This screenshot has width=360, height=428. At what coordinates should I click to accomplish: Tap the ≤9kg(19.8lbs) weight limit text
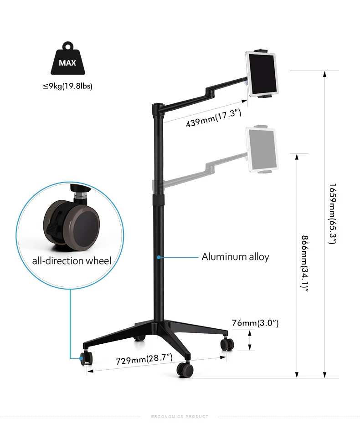point(67,86)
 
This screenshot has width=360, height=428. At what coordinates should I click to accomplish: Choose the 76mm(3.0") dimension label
point(255,323)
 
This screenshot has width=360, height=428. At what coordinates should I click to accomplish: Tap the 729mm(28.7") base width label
point(144,360)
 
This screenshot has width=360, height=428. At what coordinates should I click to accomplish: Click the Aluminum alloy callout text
point(235,257)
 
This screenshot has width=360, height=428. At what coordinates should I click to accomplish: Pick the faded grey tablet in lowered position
point(262,149)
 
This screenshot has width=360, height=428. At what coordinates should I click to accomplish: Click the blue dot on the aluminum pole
point(158,257)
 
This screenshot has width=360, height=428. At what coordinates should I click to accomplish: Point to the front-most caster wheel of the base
point(185,369)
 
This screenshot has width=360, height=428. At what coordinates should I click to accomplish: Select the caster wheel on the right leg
point(226,344)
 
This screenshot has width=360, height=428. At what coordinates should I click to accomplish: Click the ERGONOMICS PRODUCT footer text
point(179,417)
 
